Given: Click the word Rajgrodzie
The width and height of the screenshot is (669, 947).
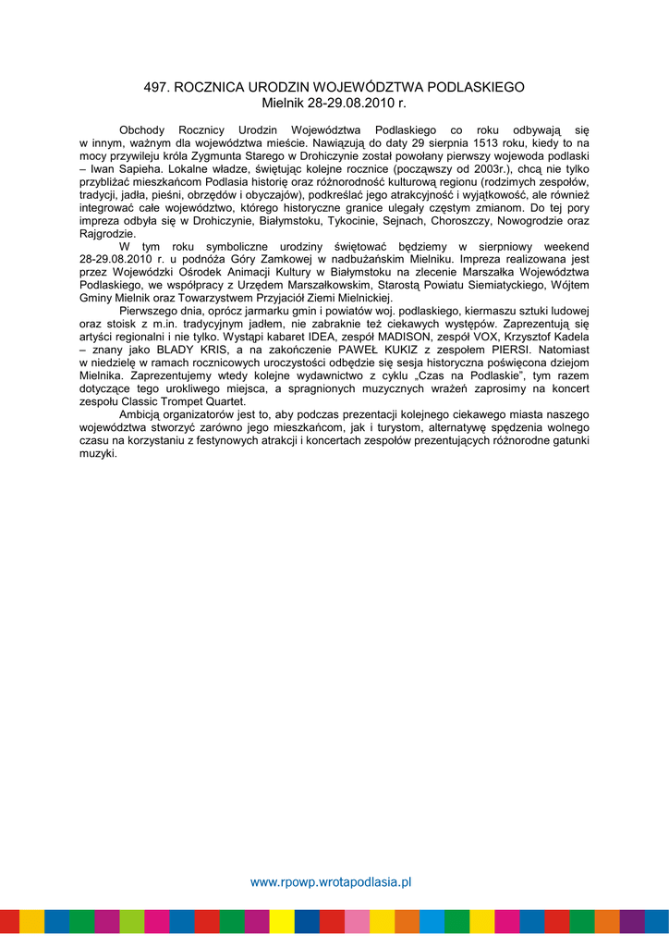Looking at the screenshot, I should (x=107, y=234).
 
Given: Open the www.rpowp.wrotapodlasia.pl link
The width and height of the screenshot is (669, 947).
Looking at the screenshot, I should (x=331, y=882).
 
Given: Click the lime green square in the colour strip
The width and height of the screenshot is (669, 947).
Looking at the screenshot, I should (x=131, y=921).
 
